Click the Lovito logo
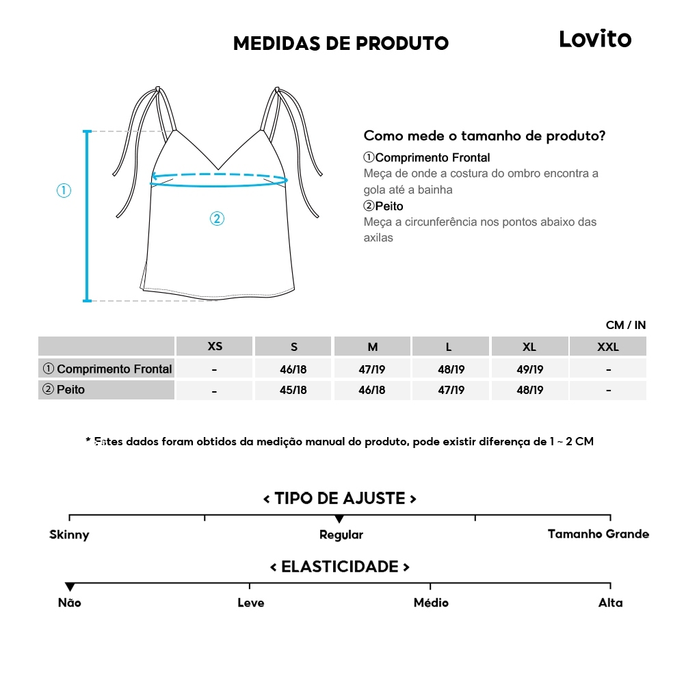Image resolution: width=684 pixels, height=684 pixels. click(x=595, y=39)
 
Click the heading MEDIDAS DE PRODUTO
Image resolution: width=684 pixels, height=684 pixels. click(x=341, y=44)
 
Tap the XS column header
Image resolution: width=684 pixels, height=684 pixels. click(x=215, y=346)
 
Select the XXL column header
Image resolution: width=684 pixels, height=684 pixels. click(x=607, y=347)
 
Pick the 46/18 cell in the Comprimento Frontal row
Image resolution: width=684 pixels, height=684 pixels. click(x=293, y=369)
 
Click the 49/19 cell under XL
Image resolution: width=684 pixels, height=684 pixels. click(x=529, y=369)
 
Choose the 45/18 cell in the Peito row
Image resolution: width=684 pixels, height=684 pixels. click(x=293, y=391)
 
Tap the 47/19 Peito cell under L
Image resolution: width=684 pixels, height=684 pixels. click(x=451, y=391)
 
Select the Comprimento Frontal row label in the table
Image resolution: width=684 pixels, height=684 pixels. click(x=107, y=369)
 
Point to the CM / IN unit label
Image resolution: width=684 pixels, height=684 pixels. click(x=625, y=326)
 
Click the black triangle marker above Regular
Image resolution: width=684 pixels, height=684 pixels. click(x=339, y=519)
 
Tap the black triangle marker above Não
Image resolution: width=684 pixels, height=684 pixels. click(x=70, y=588)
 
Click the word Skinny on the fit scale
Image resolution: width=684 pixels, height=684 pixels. click(x=69, y=535)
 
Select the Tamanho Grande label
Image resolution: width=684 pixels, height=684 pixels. click(x=598, y=534)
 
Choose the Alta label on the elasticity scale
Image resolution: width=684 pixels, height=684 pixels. click(x=610, y=603)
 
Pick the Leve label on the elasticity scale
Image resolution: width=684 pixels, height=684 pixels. click(x=250, y=603)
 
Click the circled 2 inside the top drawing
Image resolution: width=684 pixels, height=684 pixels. click(x=216, y=219)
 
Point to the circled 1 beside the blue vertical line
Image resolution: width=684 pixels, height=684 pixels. click(x=64, y=191)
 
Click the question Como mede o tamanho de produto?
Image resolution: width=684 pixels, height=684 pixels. click(x=484, y=135)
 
